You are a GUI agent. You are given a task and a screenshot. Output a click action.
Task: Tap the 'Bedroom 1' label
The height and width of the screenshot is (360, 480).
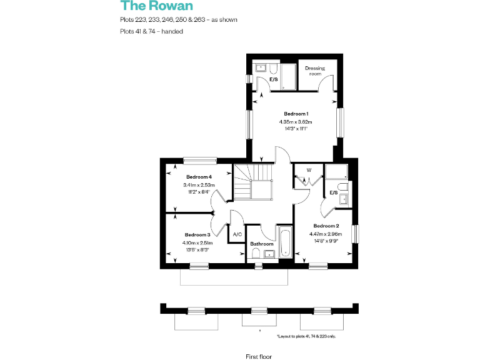pos(295,113)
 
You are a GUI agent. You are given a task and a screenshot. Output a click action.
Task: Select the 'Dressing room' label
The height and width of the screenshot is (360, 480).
pos(314,71)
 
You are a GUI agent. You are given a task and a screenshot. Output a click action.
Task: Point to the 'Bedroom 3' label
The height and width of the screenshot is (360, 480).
pos(197,234)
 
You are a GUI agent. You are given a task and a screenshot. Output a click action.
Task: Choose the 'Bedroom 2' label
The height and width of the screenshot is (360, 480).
pos(326,226)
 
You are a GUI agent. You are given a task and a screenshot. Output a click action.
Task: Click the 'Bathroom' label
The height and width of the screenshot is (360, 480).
pos(261,244)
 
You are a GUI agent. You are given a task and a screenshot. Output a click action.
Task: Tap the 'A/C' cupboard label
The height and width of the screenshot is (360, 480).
pos(237,234)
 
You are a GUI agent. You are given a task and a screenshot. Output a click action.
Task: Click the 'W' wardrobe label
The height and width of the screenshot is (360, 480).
pos(308,170)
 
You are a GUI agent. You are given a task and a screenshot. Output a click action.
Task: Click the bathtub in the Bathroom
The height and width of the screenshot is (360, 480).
pos(284,244)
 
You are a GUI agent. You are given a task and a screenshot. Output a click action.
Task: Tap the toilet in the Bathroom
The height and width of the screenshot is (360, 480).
pos(256,253)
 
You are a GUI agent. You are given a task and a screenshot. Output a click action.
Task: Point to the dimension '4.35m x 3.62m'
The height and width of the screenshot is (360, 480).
pos(295,121)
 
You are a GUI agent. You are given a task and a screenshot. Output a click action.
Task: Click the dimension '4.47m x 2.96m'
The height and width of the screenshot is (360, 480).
pos(326,234)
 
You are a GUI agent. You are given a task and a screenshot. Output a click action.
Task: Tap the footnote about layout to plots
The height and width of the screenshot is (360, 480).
pos(306,336)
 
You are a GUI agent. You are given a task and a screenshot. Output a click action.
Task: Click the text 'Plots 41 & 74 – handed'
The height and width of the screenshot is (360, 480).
pos(152,32)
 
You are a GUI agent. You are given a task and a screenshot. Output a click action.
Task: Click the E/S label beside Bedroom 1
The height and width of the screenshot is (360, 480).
pos(273,80)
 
